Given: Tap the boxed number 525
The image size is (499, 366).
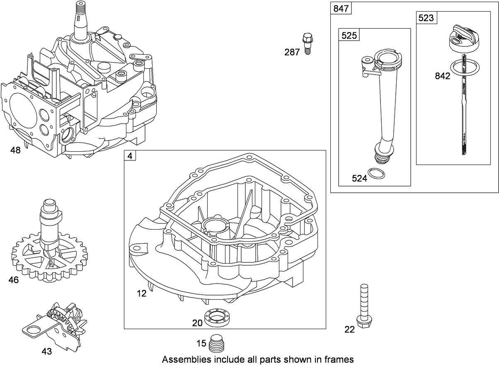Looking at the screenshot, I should point(349,36).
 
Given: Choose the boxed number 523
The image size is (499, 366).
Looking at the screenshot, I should point(426,18).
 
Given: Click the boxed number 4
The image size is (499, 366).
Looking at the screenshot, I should point(130,156).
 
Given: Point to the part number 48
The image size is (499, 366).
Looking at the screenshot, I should point(15,150).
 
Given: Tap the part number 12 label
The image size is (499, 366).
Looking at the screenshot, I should point(142,293).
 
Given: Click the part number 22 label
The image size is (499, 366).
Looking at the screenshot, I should point(350,330).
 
